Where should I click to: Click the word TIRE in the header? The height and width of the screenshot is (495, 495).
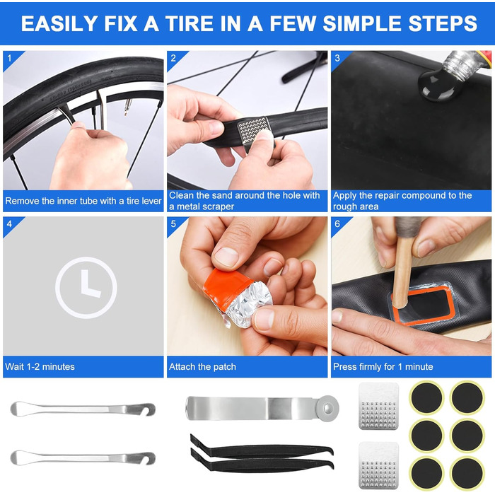pos(189,23)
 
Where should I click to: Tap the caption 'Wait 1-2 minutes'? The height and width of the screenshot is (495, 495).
pos(40,366)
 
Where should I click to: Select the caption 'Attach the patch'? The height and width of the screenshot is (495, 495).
pos(202,366)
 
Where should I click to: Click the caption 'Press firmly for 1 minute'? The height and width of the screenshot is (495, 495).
pos(383,366)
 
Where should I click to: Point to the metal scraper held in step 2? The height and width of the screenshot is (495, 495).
pos(254,133)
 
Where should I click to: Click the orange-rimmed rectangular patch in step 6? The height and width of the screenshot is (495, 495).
pos(422,303)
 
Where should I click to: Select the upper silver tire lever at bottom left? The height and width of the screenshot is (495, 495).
pos(83,409)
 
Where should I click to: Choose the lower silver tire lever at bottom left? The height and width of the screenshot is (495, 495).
pos(83,458)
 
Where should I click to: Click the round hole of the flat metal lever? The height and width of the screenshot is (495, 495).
pos(329,409)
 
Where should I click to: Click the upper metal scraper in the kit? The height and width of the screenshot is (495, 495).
pos(379,406)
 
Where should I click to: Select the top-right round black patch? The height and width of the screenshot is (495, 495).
pos(467,397)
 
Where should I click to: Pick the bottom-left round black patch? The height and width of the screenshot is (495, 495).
pos(427,474)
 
